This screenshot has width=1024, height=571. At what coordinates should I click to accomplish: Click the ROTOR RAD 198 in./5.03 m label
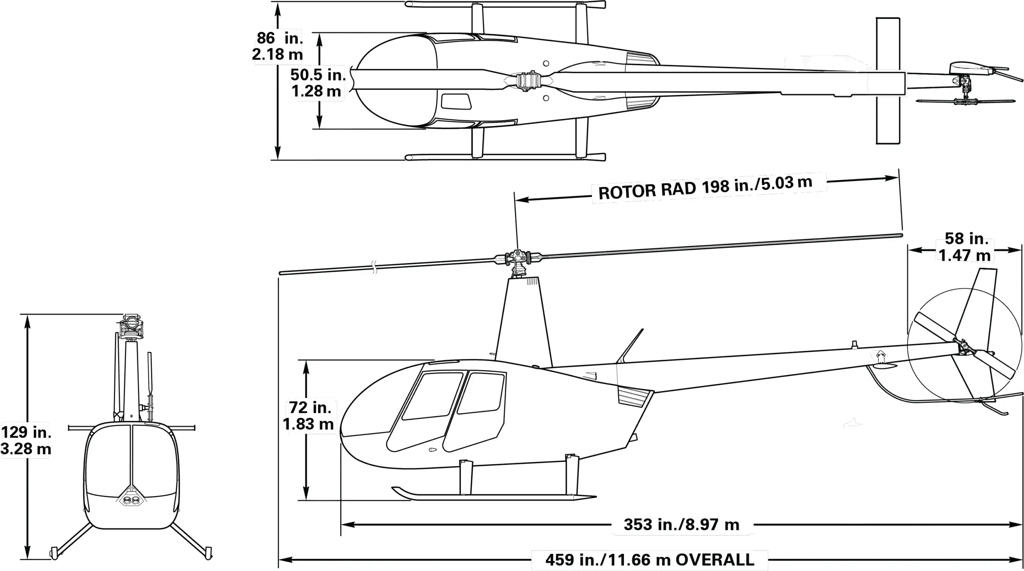(x=706, y=188)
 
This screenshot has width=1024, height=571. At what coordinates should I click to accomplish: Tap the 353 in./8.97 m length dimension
(x=682, y=524)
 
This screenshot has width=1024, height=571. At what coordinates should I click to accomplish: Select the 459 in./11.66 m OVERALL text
(x=650, y=559)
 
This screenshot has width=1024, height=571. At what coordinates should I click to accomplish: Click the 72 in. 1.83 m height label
(x=308, y=415)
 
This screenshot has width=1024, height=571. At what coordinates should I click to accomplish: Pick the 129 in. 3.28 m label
(x=26, y=440)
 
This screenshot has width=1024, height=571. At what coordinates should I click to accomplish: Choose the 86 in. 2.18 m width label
(x=278, y=46)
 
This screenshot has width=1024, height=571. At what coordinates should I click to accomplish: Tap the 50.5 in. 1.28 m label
(x=318, y=83)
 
